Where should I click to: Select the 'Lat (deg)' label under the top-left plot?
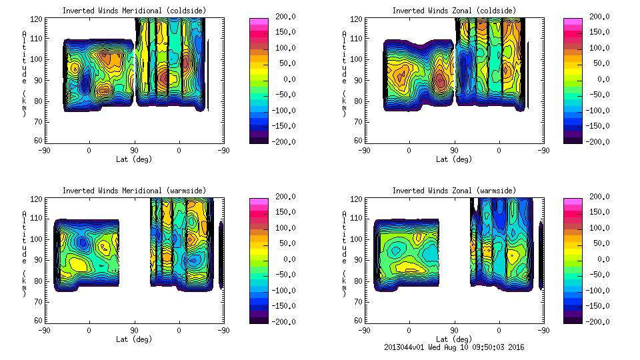tap(134, 159)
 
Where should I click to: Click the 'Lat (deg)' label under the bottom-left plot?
tap(134, 339)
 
